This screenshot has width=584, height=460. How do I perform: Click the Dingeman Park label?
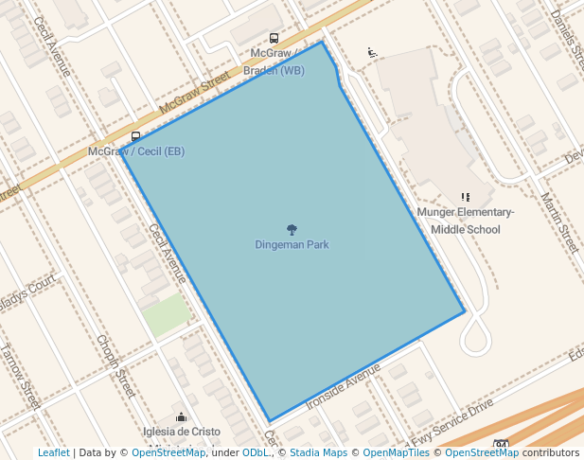pyautogui.click(x=292, y=245)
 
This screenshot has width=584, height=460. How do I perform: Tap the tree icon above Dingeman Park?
pyautogui.click(x=292, y=230)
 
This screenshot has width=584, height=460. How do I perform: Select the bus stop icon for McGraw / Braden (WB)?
pyautogui.click(x=274, y=39)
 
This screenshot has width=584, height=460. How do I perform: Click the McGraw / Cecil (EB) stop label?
pyautogui.click(x=136, y=151)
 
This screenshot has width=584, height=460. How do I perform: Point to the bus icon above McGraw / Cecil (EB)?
pyautogui.click(x=136, y=137)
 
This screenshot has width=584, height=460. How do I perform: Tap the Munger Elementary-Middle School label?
pyautogui.click(x=465, y=221)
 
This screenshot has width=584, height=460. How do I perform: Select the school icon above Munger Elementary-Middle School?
pyautogui.click(x=465, y=197)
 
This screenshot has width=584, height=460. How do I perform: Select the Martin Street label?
pyautogui.click(x=558, y=223)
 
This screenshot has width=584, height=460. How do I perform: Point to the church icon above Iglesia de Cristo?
pyautogui.click(x=181, y=416)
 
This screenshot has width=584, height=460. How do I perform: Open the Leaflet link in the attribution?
pyautogui.click(x=53, y=452)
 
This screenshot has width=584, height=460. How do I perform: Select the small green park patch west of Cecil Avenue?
pyautogui.click(x=167, y=315)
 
